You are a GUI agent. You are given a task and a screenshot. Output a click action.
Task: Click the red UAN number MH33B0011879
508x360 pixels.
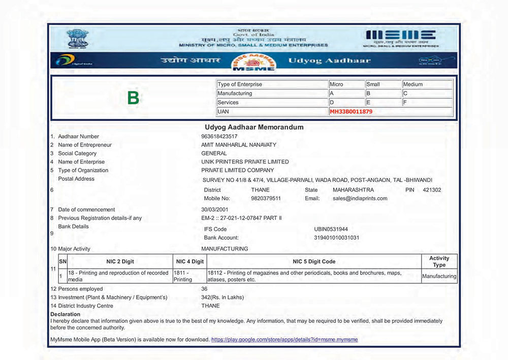tap(351, 111)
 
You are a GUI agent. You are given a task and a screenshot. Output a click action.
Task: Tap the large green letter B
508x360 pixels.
tap(133, 98)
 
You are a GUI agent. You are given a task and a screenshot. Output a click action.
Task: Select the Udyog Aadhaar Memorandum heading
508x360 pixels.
tap(253, 127)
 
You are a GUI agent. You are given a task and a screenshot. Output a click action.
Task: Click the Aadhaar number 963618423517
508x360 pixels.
tap(219, 136)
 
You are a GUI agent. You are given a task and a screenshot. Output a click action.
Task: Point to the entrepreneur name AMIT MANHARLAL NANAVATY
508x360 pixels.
tap(239, 145)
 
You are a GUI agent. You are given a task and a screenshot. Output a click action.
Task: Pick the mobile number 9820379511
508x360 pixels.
tap(266, 198)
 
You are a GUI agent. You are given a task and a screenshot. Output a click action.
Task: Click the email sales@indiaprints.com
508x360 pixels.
tap(360, 198)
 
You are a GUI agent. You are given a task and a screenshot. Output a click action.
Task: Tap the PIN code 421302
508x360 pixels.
tap(432, 190)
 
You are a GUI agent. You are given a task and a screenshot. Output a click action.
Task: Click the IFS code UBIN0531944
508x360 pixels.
tap(331, 229)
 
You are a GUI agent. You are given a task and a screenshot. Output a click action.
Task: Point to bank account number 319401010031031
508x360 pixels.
tap(337, 237)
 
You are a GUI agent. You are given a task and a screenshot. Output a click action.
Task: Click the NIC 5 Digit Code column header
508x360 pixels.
tap(314, 261)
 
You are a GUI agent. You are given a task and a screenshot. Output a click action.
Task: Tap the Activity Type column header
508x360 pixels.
tap(439, 261)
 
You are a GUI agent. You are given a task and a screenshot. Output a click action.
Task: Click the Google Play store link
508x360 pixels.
tap(284, 339)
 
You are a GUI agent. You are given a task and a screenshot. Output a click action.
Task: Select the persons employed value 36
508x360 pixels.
tap(204, 289)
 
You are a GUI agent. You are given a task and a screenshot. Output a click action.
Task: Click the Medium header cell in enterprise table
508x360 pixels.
tap(412, 84)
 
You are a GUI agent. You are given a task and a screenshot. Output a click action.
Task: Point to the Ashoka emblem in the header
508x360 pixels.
tap(77, 39)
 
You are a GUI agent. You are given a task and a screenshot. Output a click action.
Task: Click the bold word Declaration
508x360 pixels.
tap(66, 314)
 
